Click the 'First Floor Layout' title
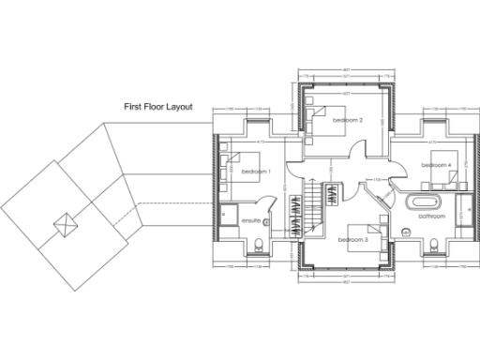pyautogui.click(x=158, y=107)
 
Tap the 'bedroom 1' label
pyautogui.click(x=255, y=172)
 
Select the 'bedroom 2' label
pyautogui.click(x=346, y=121)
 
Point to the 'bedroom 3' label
pyautogui.click(x=353, y=240)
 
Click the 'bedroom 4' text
pyautogui.click(x=436, y=165)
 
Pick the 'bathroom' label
pyautogui.click(x=431, y=217)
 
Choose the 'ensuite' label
pyautogui.click(x=250, y=221)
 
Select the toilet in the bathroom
pyautogui.click(x=434, y=246)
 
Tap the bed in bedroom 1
pyautogui.click(x=237, y=164)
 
